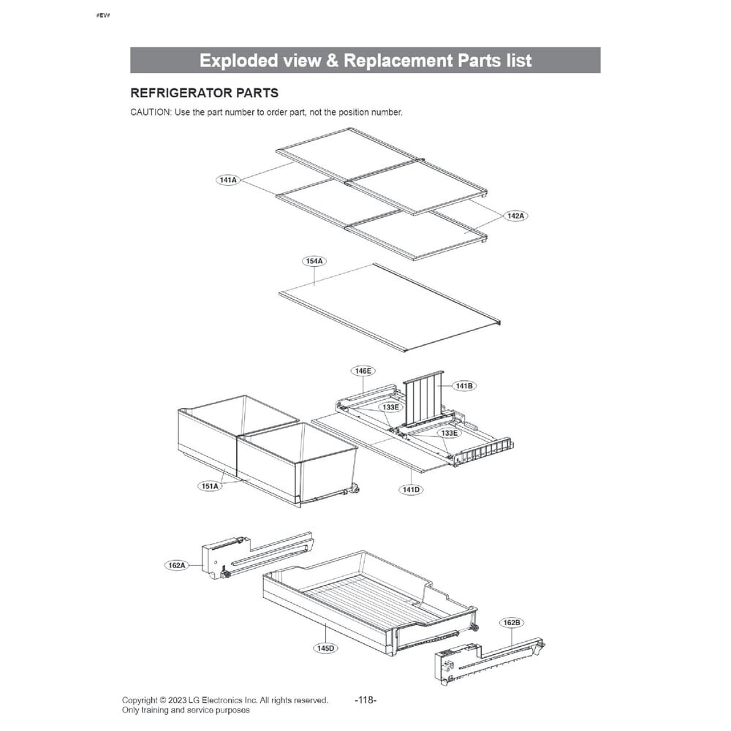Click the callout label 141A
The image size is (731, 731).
click(228, 180)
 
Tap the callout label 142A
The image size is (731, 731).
click(515, 216)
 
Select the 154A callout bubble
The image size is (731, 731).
click(314, 261)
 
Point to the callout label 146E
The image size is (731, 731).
click(363, 371)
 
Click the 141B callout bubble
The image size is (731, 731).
click(464, 386)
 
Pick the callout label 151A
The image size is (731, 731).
click(210, 486)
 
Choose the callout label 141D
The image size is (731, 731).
click(411, 490)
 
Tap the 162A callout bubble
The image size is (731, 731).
click(177, 566)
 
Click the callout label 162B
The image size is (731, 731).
click(512, 622)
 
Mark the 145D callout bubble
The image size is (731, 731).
click(325, 648)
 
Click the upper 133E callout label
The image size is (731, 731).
click(390, 407)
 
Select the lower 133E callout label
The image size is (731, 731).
click(450, 433)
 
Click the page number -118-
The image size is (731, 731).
click(365, 700)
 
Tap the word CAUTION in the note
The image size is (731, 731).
click(150, 113)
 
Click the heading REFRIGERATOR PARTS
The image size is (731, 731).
click(204, 93)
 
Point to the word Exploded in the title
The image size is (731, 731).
click(239, 61)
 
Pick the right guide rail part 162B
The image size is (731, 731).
click(490, 661)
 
